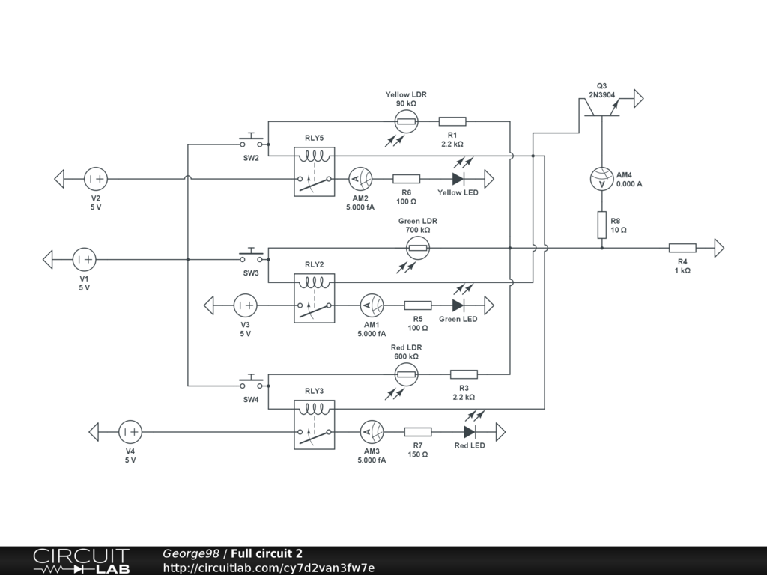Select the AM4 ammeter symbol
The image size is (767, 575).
602,179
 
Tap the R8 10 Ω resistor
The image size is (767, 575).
602,225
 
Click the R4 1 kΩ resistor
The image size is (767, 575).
682,248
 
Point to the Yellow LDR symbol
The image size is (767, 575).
407,121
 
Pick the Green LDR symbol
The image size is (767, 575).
418,248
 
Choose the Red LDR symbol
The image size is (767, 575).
407,374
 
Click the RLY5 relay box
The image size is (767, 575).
314,171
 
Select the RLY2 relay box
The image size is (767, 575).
314,298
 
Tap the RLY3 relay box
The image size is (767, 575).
314,425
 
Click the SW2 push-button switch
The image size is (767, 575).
251,141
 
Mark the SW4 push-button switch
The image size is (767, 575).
251,383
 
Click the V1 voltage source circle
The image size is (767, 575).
84,260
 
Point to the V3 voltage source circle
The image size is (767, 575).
245,305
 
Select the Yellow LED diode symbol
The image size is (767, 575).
458,179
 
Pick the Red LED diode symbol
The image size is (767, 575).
470,432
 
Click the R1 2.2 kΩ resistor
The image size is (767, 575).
452,121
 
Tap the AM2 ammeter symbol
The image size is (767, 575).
360,179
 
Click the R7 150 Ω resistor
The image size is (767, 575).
418,432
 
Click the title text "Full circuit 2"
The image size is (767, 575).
267,553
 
